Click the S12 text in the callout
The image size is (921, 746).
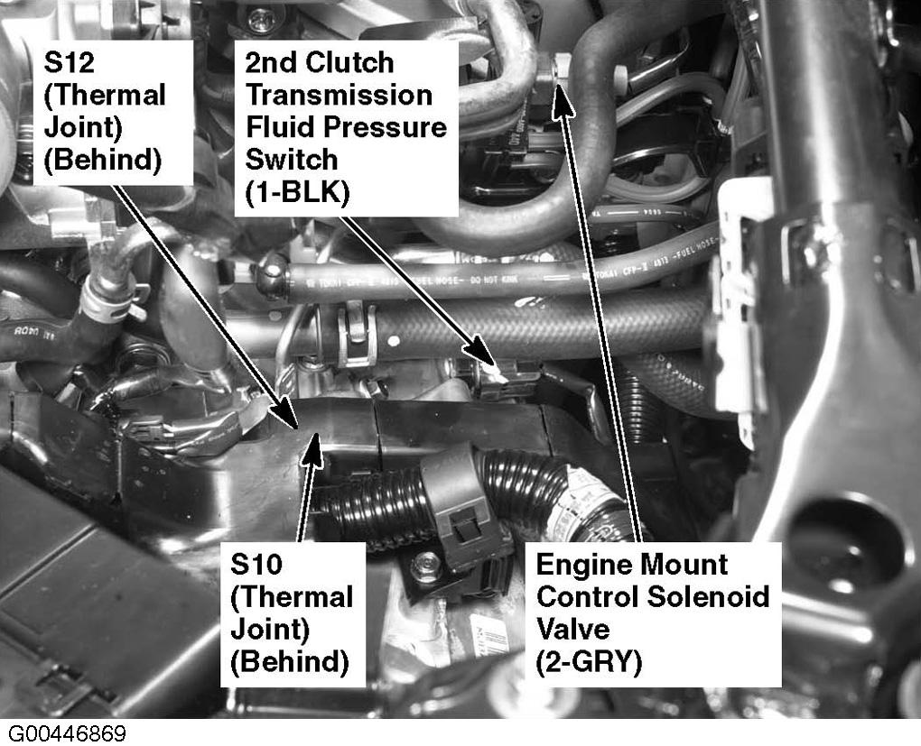(x=70, y=62)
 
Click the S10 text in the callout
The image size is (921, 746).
(x=256, y=564)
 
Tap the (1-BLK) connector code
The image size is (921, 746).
(x=297, y=192)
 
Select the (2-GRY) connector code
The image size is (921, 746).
(x=589, y=661)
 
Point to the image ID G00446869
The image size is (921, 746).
(x=67, y=733)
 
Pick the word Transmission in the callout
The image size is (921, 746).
(x=339, y=95)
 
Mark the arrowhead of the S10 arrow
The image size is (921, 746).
(x=313, y=451)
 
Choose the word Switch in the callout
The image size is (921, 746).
(x=292, y=159)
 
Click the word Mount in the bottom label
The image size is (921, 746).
(x=684, y=565)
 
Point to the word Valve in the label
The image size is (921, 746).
(x=572, y=629)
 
